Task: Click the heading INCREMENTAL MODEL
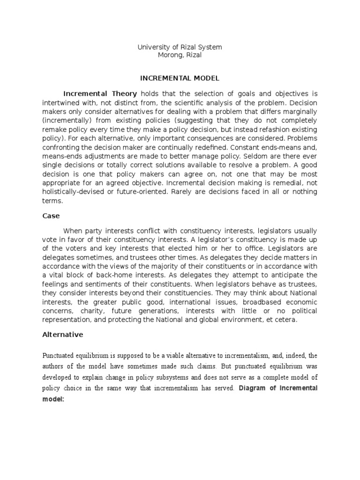180,78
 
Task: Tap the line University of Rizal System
180,47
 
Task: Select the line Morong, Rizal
180,55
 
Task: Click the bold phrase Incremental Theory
100,93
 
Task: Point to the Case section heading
51,217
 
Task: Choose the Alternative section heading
63,335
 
